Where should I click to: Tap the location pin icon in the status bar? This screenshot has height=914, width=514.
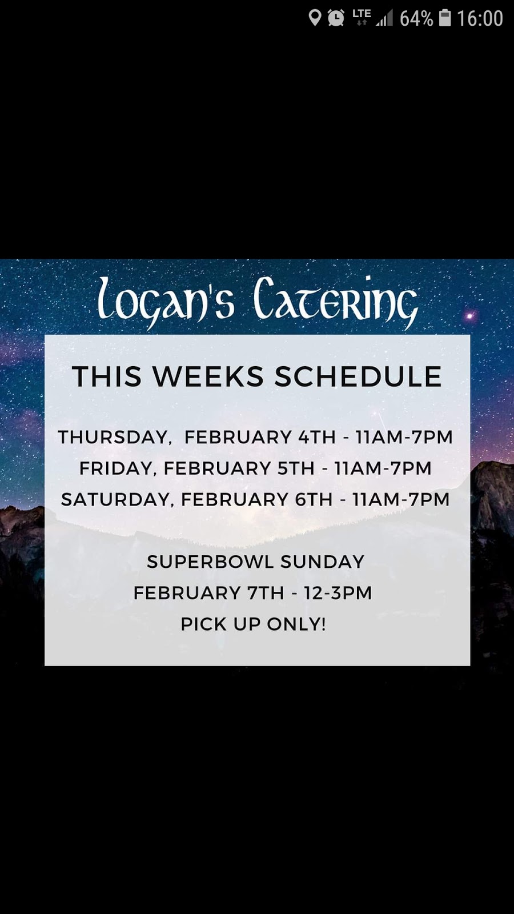point(315,18)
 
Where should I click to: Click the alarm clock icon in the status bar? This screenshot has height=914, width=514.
point(336,18)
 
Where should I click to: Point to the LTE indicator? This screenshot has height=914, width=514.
point(362,17)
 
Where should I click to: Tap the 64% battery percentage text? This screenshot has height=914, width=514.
point(416,19)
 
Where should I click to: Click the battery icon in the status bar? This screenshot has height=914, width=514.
point(445,18)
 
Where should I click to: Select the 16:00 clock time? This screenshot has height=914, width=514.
point(480,19)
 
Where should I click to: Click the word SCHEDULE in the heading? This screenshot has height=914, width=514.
point(358,377)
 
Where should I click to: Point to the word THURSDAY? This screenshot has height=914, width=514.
point(114,437)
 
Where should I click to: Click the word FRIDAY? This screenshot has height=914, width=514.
point(117,468)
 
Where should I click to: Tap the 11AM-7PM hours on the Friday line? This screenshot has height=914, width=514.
point(383,468)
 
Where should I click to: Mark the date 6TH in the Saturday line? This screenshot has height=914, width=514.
point(314,499)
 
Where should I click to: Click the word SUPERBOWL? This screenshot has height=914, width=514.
point(210,562)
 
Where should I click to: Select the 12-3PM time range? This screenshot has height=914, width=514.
point(338,593)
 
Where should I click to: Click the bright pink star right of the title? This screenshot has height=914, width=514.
point(470,315)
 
